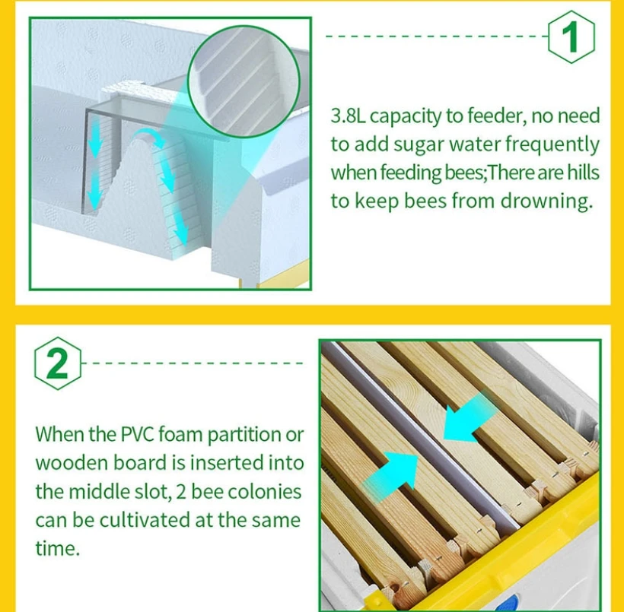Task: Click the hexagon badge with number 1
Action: point(571,36)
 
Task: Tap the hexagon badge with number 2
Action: point(58,363)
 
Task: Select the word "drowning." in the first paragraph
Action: point(546,201)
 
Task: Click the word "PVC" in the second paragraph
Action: point(137,434)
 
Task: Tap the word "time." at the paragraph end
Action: point(58,548)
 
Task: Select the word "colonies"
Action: point(265,492)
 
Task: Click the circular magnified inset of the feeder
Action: point(244,81)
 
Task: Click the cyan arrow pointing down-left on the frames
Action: point(470,417)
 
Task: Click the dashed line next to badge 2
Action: point(193,363)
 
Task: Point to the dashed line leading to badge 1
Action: point(437,36)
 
